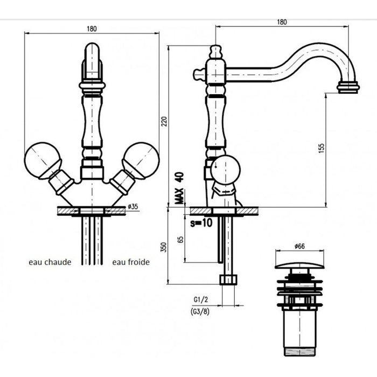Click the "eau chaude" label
click(50, 262)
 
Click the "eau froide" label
click(131, 262)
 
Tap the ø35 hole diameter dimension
click(133, 206)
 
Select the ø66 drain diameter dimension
click(299, 246)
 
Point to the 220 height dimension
click(164, 121)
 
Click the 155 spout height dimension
click(321, 148)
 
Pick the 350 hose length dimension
click(164, 247)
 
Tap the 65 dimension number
click(180, 240)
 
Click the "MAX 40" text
click(179, 188)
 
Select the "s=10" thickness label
click(201, 223)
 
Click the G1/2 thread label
click(200, 299)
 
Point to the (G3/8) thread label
click(200, 312)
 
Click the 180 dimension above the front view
click(92, 29)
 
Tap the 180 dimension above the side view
click(282, 22)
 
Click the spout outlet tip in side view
click(348, 87)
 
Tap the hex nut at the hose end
click(228, 280)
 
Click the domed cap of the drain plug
click(299, 266)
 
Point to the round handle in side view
click(225, 170)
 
